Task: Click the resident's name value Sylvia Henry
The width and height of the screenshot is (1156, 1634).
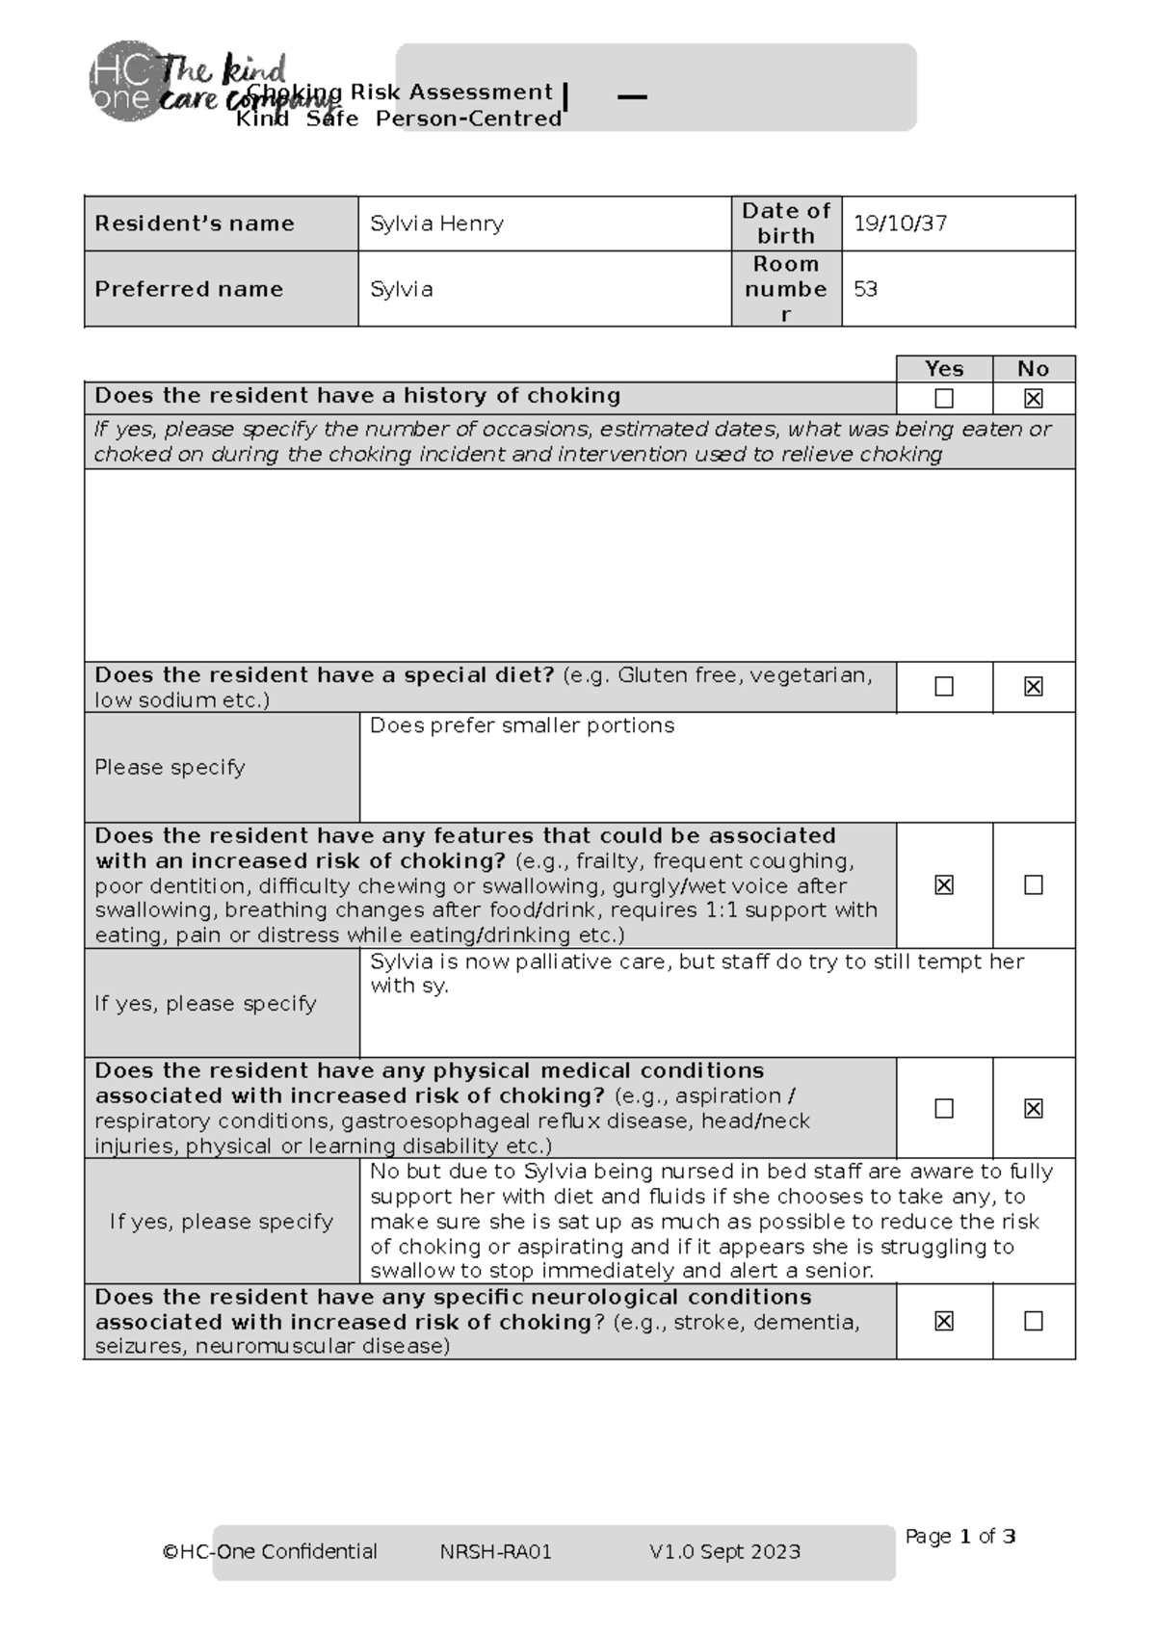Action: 436,224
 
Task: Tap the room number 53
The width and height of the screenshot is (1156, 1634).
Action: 865,289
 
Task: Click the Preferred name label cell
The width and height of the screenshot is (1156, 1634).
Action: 189,289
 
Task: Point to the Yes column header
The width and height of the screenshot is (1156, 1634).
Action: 943,369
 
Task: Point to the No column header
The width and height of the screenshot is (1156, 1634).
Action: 1033,369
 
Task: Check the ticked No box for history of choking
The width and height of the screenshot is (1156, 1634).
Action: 1033,398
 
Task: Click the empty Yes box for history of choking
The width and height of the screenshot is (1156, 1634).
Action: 944,398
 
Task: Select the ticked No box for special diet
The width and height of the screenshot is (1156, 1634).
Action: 1033,686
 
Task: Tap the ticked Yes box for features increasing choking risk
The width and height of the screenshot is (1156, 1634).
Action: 944,884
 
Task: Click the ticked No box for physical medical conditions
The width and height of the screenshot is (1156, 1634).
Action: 1033,1108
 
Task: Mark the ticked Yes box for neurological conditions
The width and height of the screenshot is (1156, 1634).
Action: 944,1321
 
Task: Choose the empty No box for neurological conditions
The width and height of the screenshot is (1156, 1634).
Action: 1033,1321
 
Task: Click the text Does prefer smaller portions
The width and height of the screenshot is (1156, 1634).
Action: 521,725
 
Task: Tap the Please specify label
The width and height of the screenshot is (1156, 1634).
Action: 170,768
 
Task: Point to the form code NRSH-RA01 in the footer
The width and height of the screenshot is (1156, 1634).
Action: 495,1551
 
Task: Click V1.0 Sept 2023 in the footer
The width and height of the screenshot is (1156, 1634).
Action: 724,1551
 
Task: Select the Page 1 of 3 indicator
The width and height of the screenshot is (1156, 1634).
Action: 959,1537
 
